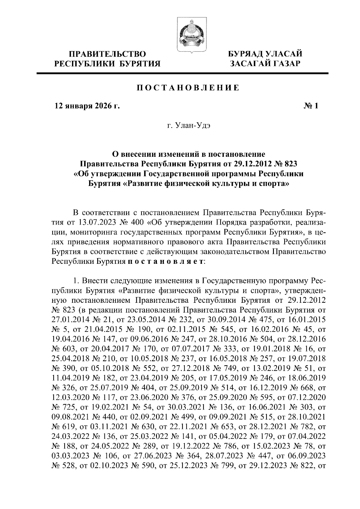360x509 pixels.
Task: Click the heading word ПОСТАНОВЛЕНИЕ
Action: tap(188, 88)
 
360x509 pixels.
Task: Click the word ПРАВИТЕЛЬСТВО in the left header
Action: tap(108, 54)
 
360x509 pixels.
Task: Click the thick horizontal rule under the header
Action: tap(183, 73)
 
